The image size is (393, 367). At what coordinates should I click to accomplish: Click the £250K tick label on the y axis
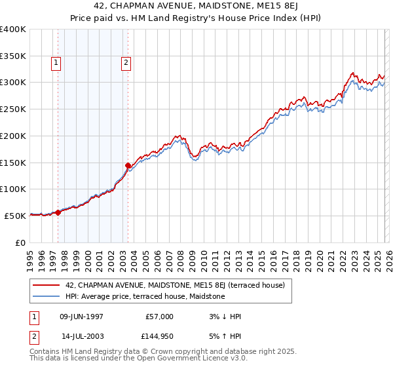click(x=13, y=109)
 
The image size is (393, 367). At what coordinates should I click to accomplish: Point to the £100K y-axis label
click(x=13, y=189)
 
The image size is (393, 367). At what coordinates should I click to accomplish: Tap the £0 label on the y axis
click(x=21, y=242)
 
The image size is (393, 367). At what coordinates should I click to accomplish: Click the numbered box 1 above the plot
click(x=56, y=64)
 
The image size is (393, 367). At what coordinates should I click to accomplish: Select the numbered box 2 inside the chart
click(x=125, y=64)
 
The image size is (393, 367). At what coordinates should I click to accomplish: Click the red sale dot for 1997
click(x=58, y=212)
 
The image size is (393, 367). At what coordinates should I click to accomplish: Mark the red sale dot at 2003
click(x=128, y=165)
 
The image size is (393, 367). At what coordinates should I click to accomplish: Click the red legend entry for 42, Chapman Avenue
click(x=174, y=286)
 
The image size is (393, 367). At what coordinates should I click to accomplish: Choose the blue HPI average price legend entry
click(x=145, y=297)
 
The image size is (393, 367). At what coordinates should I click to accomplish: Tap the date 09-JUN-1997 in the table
click(x=81, y=317)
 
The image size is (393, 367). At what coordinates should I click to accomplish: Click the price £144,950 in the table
click(x=159, y=336)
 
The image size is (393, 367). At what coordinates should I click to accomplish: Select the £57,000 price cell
click(x=159, y=317)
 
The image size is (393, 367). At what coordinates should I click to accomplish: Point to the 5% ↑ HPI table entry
click(x=225, y=336)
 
